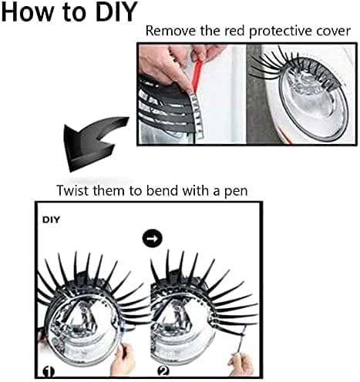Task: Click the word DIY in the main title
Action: pyautogui.click(x=116, y=12)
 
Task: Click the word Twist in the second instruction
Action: pyautogui.click(x=72, y=191)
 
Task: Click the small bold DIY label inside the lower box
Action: pyautogui.click(x=51, y=220)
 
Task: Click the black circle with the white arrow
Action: pyautogui.click(x=152, y=239)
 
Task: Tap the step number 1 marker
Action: pyautogui.click(x=49, y=372)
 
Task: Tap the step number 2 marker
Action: pyautogui.click(x=163, y=371)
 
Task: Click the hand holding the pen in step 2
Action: pyautogui.click(x=241, y=364)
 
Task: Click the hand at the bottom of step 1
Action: pyautogui.click(x=125, y=360)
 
